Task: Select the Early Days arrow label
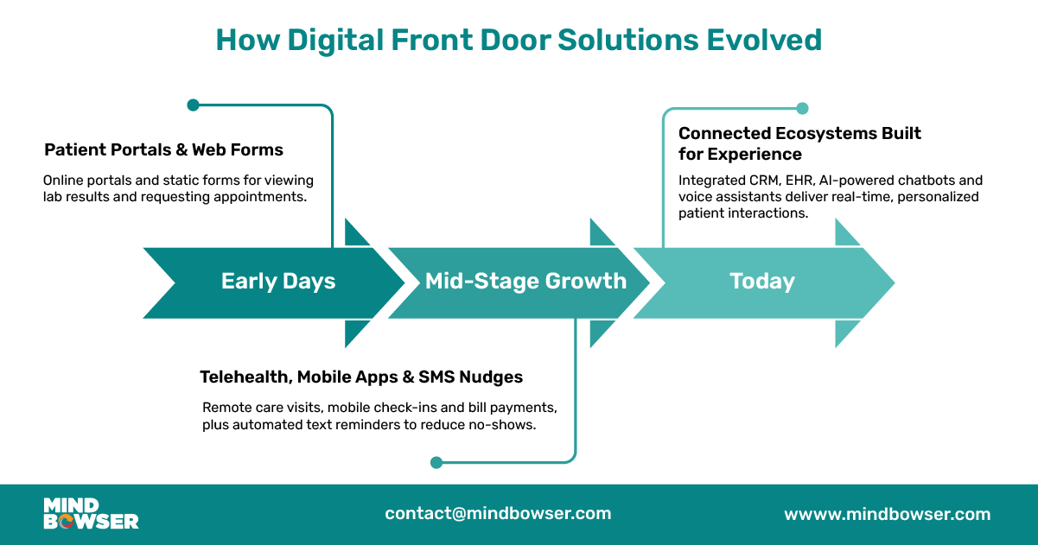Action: pyautogui.click(x=278, y=282)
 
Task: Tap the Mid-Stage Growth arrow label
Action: pyautogui.click(x=525, y=282)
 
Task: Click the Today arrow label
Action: pyautogui.click(x=761, y=282)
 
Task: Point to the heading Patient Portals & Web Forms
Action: pyautogui.click(x=163, y=150)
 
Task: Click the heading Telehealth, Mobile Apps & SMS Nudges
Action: pyautogui.click(x=361, y=377)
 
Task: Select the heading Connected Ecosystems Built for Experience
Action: pyautogui.click(x=799, y=143)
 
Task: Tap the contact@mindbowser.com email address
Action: pyautogui.click(x=498, y=513)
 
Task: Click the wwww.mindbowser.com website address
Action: pyautogui.click(x=887, y=514)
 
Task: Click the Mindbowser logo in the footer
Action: pyautogui.click(x=91, y=513)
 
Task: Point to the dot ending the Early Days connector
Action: pyautogui.click(x=193, y=105)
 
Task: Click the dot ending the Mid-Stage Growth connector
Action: pyautogui.click(x=436, y=463)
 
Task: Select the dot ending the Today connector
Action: pyautogui.click(x=802, y=109)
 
